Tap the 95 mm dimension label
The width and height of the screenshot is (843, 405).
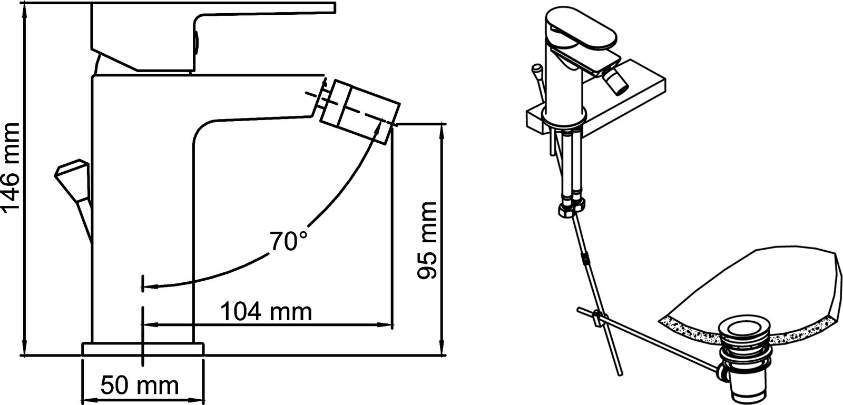[427, 241]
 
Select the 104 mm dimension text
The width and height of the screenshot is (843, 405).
[266, 312]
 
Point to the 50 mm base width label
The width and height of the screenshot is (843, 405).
[140, 386]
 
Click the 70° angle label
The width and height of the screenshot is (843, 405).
[289, 241]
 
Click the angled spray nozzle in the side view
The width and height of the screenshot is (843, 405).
[359, 111]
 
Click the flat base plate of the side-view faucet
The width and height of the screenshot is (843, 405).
[143, 349]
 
